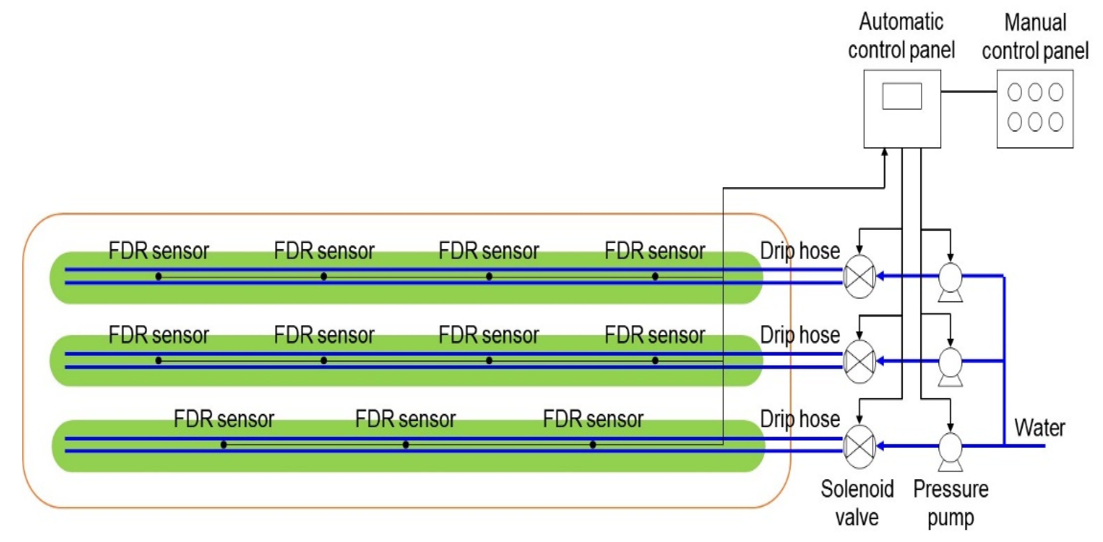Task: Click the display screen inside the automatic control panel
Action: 902,96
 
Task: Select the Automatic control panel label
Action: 901,36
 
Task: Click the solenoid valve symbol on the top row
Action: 859,276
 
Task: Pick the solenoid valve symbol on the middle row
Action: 859,361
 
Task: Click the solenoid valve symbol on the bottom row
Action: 859,446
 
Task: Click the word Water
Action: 1039,427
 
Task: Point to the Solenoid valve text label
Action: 857,503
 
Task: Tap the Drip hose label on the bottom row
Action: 799,419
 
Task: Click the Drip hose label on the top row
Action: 799,251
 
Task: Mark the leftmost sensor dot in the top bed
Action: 158,276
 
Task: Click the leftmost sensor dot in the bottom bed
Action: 224,445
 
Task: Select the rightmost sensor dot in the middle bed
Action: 655,361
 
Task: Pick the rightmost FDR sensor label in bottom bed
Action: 593,419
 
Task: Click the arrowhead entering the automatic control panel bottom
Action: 885,152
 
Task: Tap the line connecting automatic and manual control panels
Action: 968,91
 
